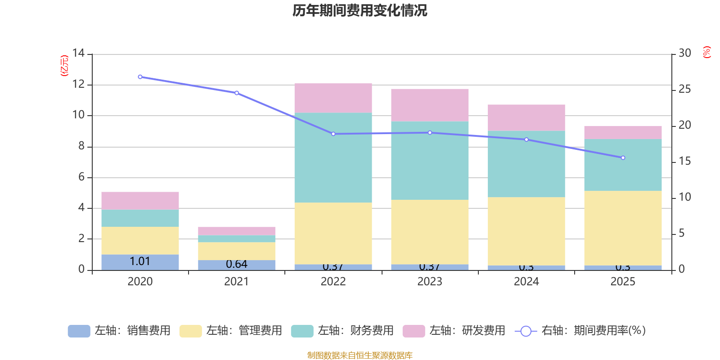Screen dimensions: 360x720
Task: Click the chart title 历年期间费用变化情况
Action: click(x=360, y=10)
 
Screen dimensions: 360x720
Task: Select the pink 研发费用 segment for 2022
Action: click(x=333, y=98)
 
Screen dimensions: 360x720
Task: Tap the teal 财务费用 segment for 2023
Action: click(x=430, y=160)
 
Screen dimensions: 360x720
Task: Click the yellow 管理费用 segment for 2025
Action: click(x=623, y=228)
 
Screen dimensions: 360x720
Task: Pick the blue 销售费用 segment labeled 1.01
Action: click(x=140, y=262)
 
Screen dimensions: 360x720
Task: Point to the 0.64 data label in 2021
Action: click(x=237, y=264)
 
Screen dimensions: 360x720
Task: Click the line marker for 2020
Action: click(x=140, y=77)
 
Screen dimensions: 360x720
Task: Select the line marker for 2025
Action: click(x=623, y=158)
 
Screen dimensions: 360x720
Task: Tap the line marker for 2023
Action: click(x=430, y=133)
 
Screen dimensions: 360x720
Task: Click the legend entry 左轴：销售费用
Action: click(x=119, y=331)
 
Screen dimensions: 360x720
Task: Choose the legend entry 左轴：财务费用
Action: click(x=342, y=331)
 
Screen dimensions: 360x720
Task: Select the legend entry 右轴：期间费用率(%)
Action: click(x=580, y=331)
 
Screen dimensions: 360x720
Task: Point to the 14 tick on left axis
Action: click(x=78, y=54)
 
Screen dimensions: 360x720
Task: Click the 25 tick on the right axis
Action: click(x=684, y=90)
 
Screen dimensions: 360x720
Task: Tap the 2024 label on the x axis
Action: click(x=526, y=282)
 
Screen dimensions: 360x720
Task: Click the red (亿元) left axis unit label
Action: click(x=65, y=66)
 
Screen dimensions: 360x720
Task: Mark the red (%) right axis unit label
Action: click(x=706, y=52)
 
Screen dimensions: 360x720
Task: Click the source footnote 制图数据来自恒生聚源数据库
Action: click(x=360, y=355)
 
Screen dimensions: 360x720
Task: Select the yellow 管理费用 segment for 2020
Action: click(x=140, y=240)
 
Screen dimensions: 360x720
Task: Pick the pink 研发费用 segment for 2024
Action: click(x=526, y=117)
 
